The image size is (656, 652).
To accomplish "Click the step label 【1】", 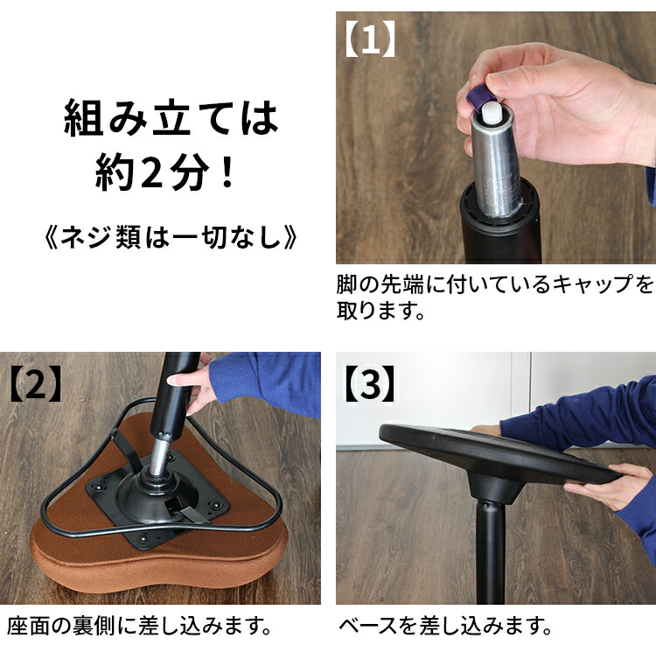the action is [x=370, y=39].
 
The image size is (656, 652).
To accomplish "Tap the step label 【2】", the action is [x=36, y=383].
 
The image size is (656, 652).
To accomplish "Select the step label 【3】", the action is [x=369, y=383].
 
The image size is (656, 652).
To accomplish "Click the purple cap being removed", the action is [x=478, y=98].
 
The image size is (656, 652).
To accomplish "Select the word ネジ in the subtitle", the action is [x=86, y=237].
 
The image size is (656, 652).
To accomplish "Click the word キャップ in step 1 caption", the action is [x=592, y=284].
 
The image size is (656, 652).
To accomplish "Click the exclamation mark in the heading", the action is [x=227, y=172].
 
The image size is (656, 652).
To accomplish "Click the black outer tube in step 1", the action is [x=500, y=226].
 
